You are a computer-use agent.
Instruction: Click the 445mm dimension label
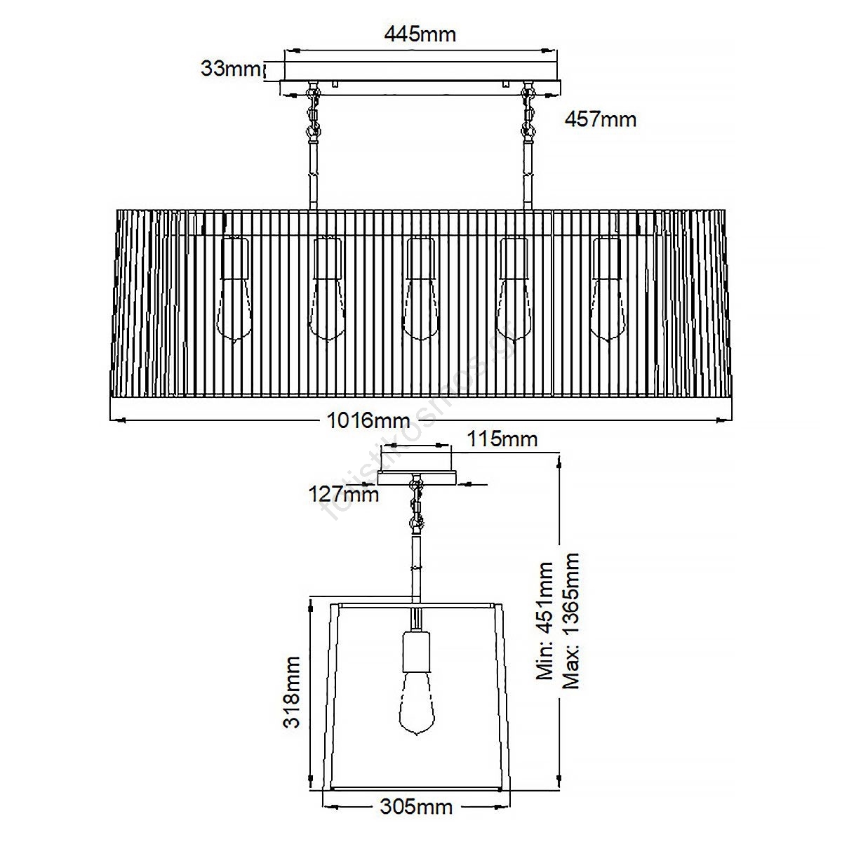point(420,34)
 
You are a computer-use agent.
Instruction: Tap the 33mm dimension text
point(230,69)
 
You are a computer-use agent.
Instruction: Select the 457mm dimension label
point(601,119)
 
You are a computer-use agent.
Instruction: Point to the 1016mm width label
point(368,420)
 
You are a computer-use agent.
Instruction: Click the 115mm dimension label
point(502,439)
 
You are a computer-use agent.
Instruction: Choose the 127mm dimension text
point(343,494)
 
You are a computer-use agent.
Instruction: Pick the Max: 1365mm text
point(570,621)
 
